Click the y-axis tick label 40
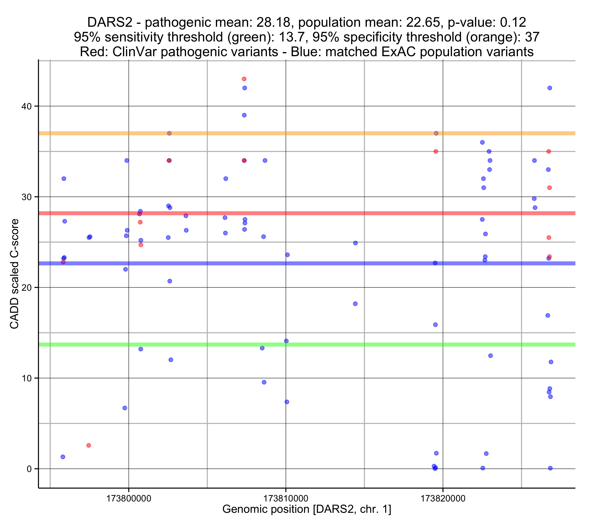(26, 106)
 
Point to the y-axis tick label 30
(26, 197)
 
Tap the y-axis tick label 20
(26, 288)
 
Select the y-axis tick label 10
(26, 378)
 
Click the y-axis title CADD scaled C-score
(14, 274)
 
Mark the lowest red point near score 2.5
(89, 446)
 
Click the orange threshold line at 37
(317, 133)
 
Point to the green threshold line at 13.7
(317, 344)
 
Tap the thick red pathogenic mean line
(317, 213)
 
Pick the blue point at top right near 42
(550, 88)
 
